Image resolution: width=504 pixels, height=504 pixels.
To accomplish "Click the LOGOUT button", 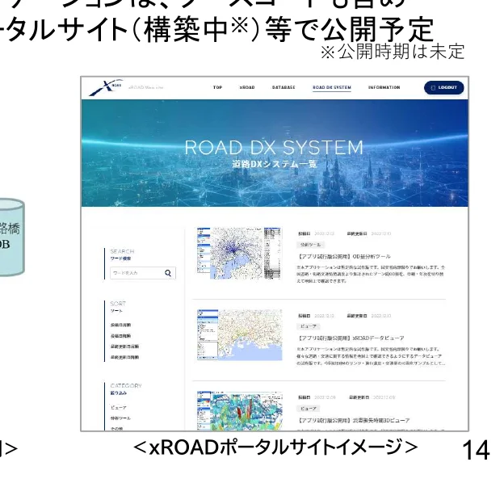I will click(443, 87).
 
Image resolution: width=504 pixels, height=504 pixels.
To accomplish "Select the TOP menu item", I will click(216, 87).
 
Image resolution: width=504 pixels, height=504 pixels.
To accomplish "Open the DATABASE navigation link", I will click(283, 87).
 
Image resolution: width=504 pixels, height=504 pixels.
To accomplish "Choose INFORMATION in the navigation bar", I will click(384, 87).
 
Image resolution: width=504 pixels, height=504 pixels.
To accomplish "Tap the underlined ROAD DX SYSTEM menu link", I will click(331, 87).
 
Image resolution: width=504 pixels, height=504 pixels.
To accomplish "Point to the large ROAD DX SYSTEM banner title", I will click(273, 148).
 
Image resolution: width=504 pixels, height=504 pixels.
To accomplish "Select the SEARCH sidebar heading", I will click(123, 251).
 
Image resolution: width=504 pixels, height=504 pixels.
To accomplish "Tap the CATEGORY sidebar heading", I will click(125, 385).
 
